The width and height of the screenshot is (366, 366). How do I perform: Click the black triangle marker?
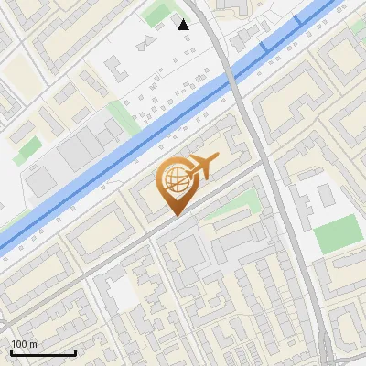tap(184, 25)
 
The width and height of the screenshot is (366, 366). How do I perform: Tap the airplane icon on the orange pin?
tap(201, 167)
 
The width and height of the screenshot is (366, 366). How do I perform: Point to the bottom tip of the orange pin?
tap(174, 215)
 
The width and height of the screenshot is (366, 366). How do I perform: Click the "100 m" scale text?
tap(24, 343)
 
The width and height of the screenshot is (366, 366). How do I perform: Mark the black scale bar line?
tap(43, 352)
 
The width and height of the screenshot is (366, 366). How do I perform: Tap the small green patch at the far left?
tap(27, 146)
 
